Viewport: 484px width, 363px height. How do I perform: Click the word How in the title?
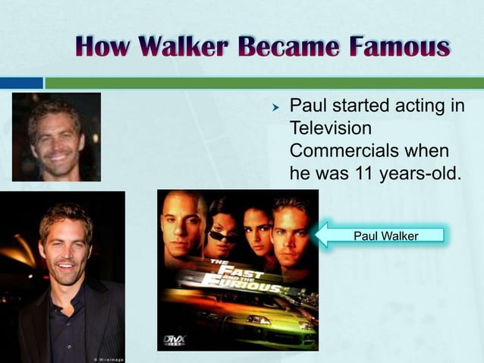(x=105, y=48)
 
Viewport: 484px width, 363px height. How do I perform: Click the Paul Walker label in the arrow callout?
(x=386, y=236)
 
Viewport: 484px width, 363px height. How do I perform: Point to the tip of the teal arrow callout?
(x=317, y=235)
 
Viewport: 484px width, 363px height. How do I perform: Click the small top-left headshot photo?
(x=56, y=137)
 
